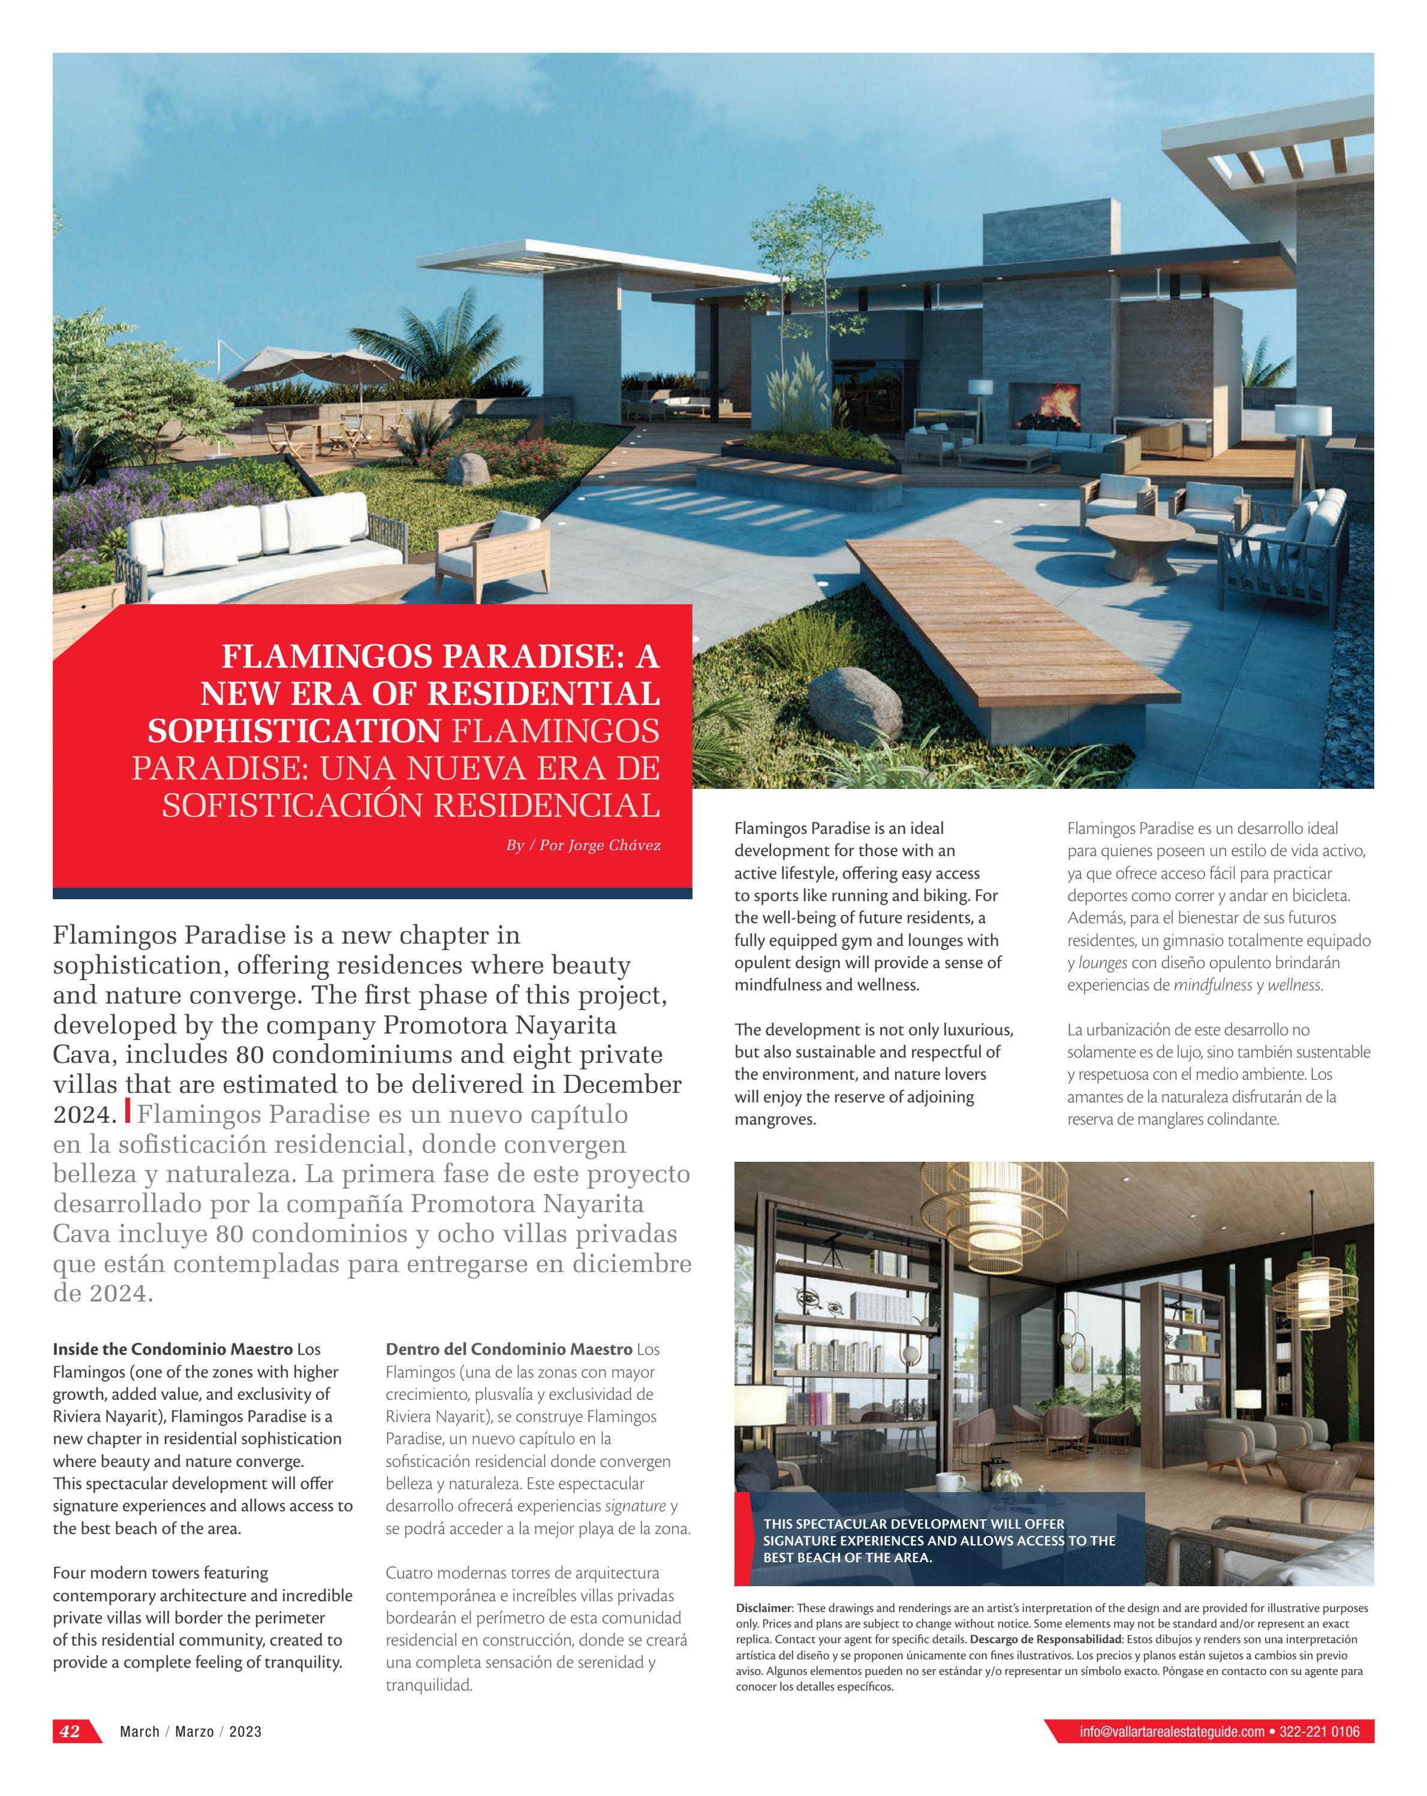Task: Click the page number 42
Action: click(70, 1731)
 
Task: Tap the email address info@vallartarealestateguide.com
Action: click(1171, 1732)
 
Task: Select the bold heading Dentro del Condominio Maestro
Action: click(508, 1349)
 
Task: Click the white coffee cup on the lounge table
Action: click(949, 1482)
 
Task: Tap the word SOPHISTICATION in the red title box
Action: click(294, 731)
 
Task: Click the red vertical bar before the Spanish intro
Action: click(128, 1110)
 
